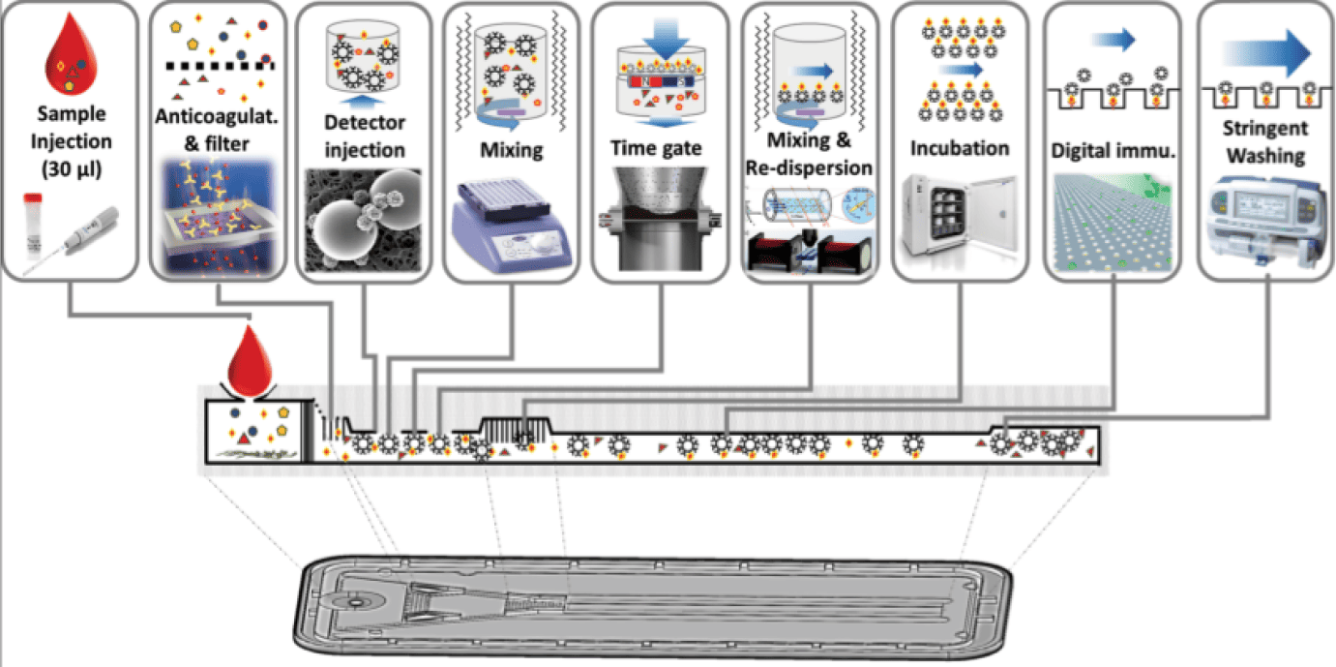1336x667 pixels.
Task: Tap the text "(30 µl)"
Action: (x=72, y=169)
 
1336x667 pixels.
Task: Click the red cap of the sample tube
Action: (x=33, y=197)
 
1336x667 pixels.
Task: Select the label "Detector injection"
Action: (x=365, y=136)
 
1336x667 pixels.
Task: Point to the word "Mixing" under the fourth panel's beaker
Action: (x=512, y=150)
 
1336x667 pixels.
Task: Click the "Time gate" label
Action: (x=656, y=147)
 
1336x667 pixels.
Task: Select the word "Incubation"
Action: (x=960, y=148)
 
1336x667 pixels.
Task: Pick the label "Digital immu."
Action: (x=1113, y=150)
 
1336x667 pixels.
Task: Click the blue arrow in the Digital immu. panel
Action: (x=1113, y=40)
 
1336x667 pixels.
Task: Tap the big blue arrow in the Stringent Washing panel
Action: (x=1265, y=53)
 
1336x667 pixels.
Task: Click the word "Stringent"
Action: (x=1265, y=128)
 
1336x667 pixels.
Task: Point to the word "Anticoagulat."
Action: (x=217, y=116)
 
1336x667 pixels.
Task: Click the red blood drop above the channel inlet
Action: (x=250, y=360)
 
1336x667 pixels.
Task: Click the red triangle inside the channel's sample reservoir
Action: (x=244, y=440)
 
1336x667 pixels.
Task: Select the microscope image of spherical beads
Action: (x=363, y=220)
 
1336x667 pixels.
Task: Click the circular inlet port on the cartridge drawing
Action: (x=357, y=603)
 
